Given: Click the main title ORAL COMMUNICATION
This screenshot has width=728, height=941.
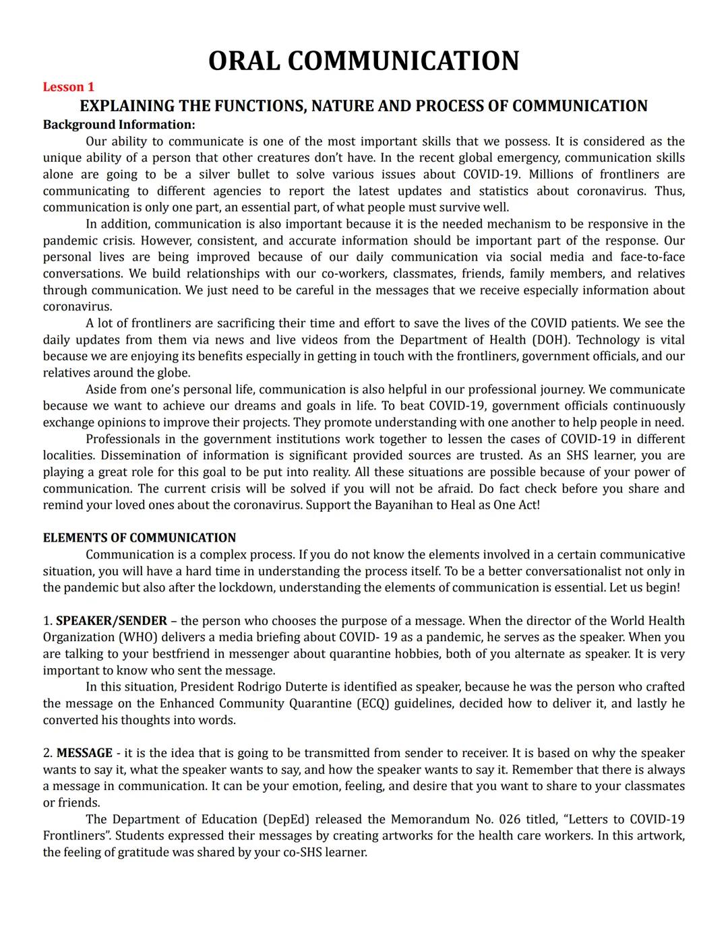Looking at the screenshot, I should (363, 61).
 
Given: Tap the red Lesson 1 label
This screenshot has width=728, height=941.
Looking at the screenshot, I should (69, 87).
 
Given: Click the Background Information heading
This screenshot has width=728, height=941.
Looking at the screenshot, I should (119, 125).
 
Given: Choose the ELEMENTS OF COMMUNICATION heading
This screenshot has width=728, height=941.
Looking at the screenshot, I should (140, 538).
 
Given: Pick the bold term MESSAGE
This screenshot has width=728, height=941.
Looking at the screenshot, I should (84, 753).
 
